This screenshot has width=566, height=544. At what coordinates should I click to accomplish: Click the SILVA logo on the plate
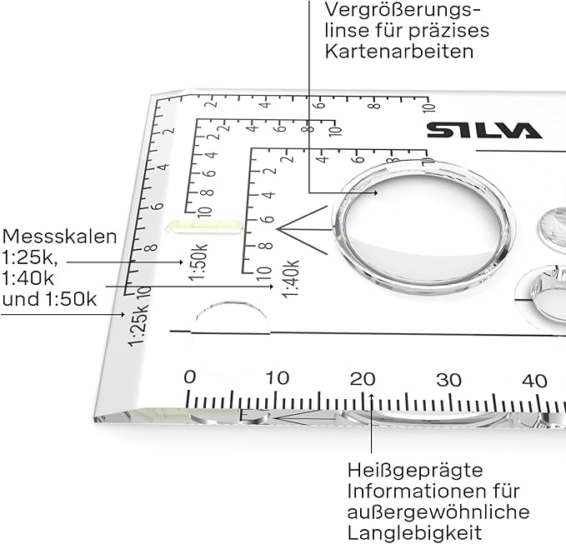[x=483, y=130]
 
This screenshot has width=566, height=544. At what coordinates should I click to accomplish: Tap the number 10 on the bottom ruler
[x=277, y=378]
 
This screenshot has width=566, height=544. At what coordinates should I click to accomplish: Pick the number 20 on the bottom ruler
[x=363, y=379]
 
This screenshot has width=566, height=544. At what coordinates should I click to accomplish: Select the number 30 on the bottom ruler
[x=448, y=380]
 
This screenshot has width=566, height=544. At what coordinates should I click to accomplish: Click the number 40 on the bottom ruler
[x=534, y=381]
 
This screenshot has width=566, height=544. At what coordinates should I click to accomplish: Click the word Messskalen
[x=58, y=236]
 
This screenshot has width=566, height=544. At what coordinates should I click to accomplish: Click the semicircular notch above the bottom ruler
[x=232, y=319]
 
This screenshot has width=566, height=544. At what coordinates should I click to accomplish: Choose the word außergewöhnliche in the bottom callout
[x=438, y=510]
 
